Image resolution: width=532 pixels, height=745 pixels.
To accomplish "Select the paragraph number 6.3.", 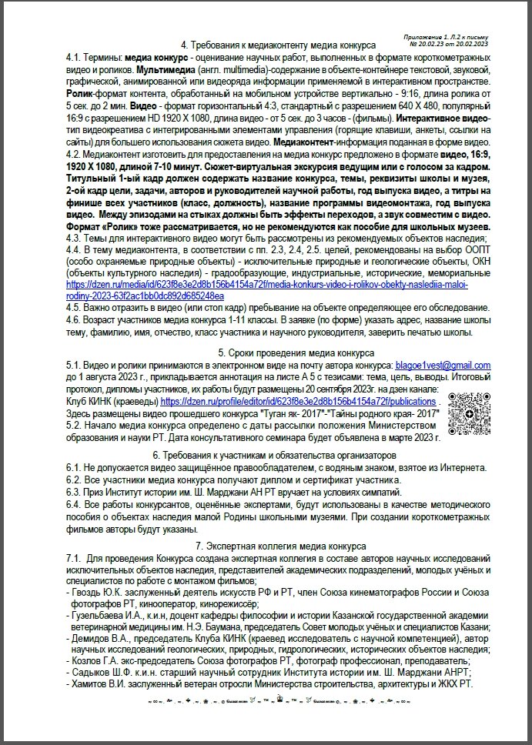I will click(74, 492).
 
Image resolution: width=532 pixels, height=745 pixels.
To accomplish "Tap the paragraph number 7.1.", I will click(74, 557).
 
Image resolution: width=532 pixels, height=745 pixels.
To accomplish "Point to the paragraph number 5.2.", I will click(74, 425).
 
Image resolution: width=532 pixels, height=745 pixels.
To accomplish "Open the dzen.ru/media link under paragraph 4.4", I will click(262, 285).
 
